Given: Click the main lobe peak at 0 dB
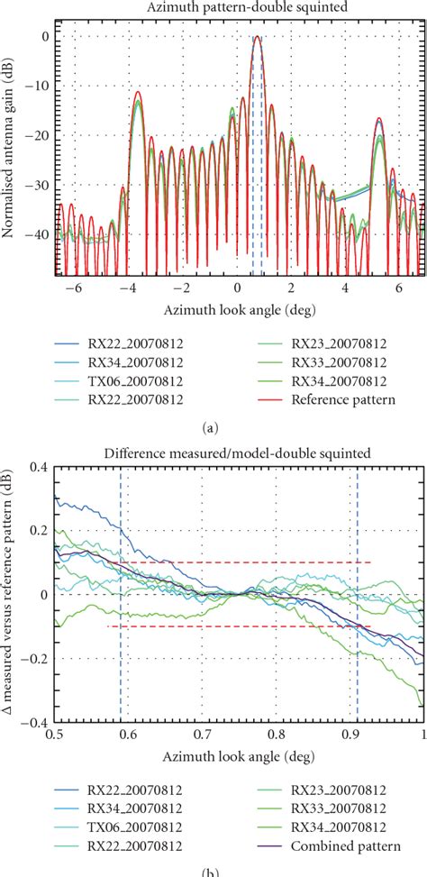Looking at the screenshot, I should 258,38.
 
